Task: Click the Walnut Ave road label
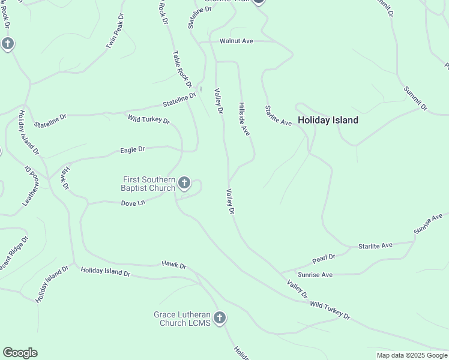pos(236,41)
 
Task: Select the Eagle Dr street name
pos(133,149)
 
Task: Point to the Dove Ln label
pos(133,203)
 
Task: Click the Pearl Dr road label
pos(324,259)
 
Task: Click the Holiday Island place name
pos(328,120)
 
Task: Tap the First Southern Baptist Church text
pos(149,184)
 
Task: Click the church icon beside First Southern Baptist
pos(184,183)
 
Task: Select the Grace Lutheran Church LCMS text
pos(182,319)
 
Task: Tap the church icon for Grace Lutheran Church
pos(220,318)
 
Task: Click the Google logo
pos(20,353)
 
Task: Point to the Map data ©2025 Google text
pos(412,355)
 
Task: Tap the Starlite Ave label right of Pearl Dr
pos(375,245)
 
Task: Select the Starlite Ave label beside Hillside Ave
pos(279,116)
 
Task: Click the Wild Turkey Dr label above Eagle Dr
pos(149,119)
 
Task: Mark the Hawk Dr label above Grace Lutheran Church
pos(174,265)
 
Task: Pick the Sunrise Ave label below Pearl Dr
pos(315,275)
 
